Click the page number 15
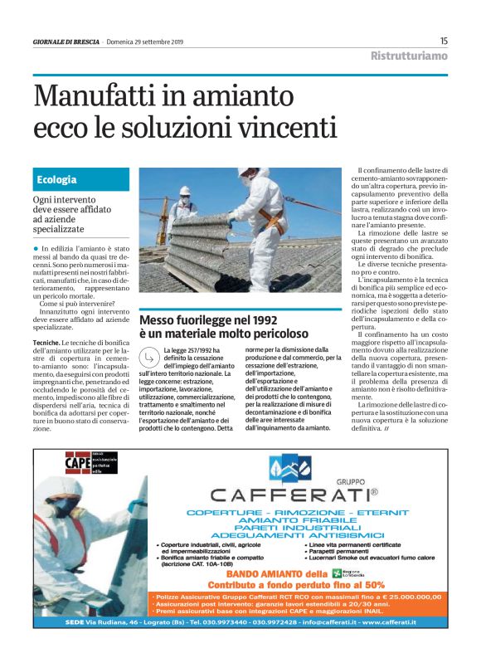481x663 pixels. tap(444, 41)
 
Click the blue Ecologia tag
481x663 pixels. tap(56, 180)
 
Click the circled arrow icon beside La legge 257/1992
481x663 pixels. tap(149, 358)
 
